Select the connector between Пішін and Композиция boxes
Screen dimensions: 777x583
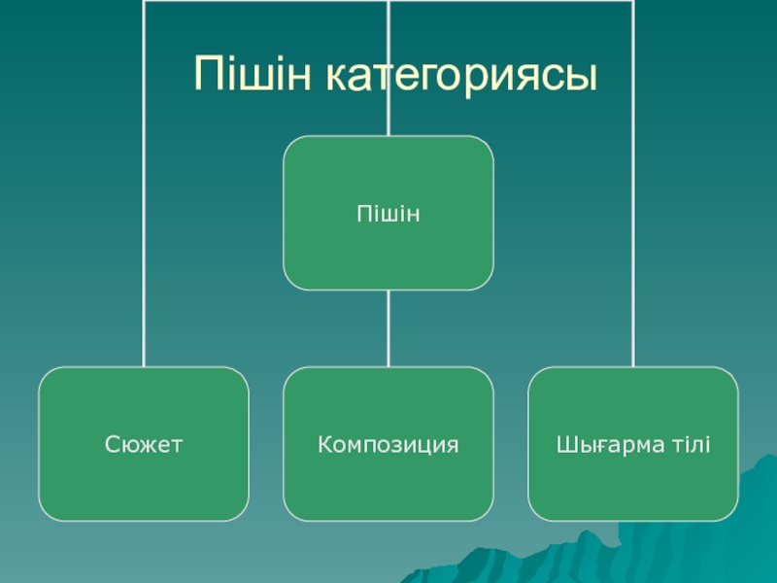click(x=388, y=328)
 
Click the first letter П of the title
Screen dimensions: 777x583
click(x=208, y=75)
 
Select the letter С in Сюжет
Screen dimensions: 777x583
click(x=109, y=446)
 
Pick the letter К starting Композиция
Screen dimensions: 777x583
click(x=323, y=446)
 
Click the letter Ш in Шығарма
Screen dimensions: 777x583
click(x=563, y=446)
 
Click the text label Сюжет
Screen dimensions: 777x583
click(x=144, y=446)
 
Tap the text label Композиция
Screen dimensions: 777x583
click(x=388, y=446)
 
